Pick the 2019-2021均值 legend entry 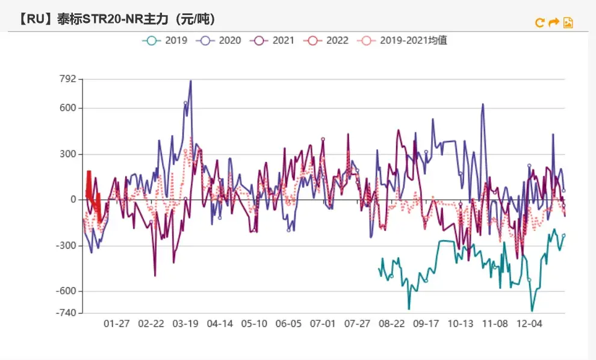click(x=403, y=41)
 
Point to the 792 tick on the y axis click(x=68, y=79)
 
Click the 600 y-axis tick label click(x=68, y=108)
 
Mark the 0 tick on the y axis click(x=72, y=200)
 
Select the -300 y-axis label click(x=66, y=246)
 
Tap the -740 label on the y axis click(x=66, y=312)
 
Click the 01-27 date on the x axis click(x=117, y=324)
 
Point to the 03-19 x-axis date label click(x=185, y=324)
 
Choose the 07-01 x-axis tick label click(x=323, y=324)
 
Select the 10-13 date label click(x=461, y=324)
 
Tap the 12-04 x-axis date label click(x=530, y=324)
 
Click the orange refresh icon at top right click(x=540, y=23)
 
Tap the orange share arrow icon click(x=554, y=23)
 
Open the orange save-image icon click(x=568, y=23)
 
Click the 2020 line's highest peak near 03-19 click(x=191, y=81)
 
